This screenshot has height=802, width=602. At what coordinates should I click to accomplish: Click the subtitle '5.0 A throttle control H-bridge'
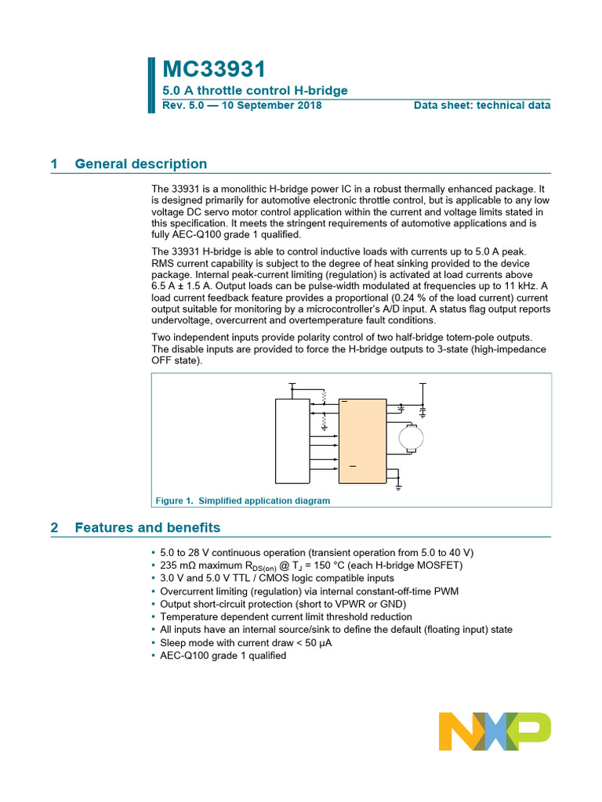[x=255, y=90]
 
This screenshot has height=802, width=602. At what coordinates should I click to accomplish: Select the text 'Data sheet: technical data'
[x=482, y=105]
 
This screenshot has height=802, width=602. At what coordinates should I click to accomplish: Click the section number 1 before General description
[x=54, y=164]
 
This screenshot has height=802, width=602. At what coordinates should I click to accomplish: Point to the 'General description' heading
[x=141, y=164]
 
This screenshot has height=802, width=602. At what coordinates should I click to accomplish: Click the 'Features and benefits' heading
[x=147, y=527]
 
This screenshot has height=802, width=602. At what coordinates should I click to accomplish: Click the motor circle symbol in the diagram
[x=409, y=439]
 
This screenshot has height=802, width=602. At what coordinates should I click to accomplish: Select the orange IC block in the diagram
[x=362, y=440]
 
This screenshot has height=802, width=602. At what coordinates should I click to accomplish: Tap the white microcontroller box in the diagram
[x=292, y=440]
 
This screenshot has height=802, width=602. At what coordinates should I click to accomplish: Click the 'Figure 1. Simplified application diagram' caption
[x=242, y=500]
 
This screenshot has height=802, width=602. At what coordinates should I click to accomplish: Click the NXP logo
[x=495, y=732]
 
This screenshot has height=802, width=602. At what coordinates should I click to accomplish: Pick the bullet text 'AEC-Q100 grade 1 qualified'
[x=223, y=656]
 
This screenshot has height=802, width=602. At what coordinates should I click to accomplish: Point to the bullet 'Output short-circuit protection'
[x=283, y=604]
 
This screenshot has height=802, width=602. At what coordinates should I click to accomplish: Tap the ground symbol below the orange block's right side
[x=398, y=487]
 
